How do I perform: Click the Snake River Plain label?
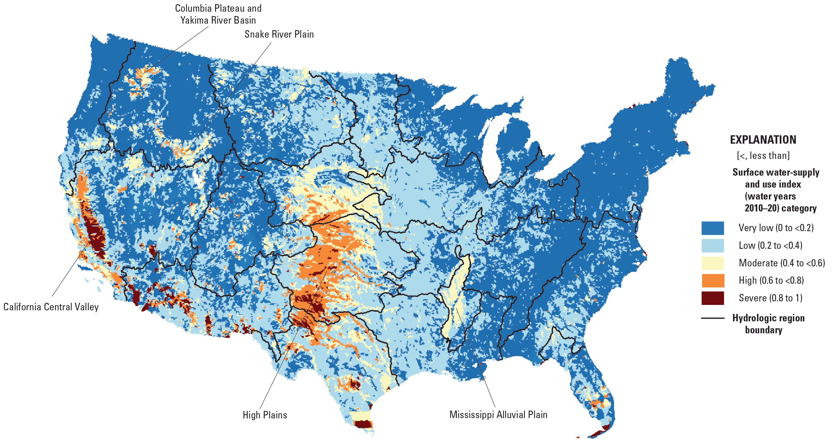tap(279, 34)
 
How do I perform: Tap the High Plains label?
tap(265, 415)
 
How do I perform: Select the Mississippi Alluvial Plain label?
tap(498, 415)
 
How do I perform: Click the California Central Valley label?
tap(51, 307)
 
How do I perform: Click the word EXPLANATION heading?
tap(763, 139)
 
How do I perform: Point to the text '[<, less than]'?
tap(763, 155)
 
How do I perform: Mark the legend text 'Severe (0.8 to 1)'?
tap(770, 298)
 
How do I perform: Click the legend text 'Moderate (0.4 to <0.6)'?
tap(781, 263)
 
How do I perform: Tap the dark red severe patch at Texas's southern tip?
tap(363, 424)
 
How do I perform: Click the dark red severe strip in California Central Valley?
tap(94, 230)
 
